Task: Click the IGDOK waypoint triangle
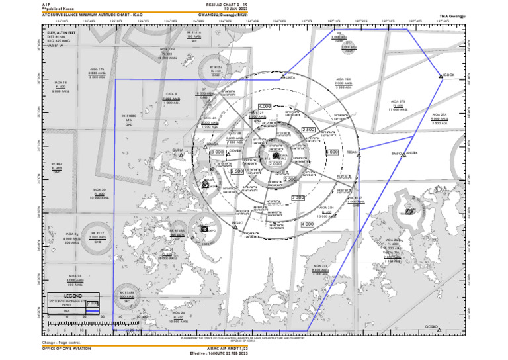click(441, 77)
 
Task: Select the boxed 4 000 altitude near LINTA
click(265, 106)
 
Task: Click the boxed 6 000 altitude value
click(333, 152)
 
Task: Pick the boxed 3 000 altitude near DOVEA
click(217, 152)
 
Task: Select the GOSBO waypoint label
click(431, 326)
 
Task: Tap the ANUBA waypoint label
click(411, 153)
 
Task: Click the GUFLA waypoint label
click(178, 151)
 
